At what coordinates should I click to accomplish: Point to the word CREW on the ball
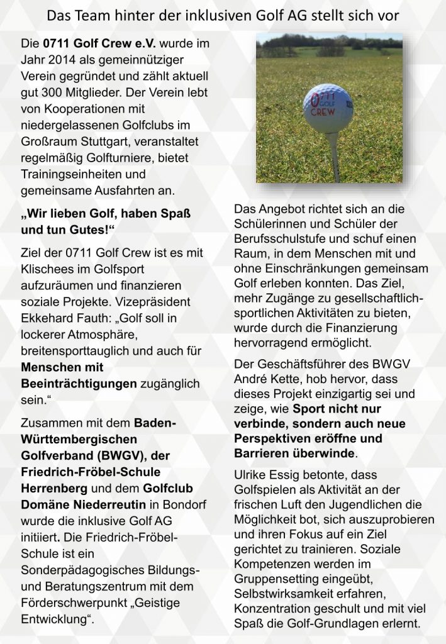coord(323,115)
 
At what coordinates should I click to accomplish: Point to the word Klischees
coord(48,268)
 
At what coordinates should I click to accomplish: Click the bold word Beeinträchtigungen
coord(79,383)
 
